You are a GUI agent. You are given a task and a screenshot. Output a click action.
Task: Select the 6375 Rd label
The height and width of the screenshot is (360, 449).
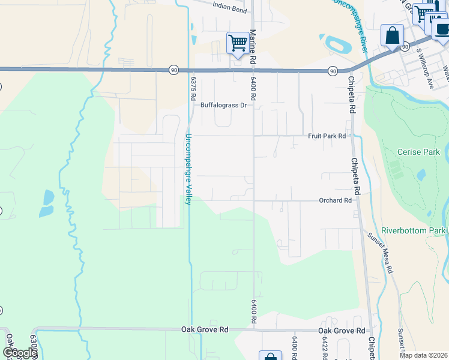(193, 83)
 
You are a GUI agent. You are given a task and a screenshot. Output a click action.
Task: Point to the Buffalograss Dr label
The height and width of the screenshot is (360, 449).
(223, 105)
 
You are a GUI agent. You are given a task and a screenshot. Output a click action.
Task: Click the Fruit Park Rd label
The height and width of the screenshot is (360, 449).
(327, 136)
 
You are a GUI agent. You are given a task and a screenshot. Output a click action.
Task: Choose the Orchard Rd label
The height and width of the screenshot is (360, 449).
(335, 200)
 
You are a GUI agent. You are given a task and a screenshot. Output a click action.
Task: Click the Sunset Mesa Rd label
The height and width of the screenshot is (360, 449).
(381, 253)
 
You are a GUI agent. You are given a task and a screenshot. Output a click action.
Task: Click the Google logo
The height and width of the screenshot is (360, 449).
(19, 353)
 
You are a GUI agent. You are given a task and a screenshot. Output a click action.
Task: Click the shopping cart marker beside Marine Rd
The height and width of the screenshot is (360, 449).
(238, 44)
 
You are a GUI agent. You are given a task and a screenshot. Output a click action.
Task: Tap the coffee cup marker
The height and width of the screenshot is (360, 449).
(441, 29)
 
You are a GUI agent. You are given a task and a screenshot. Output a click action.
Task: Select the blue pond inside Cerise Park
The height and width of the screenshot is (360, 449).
(420, 175)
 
